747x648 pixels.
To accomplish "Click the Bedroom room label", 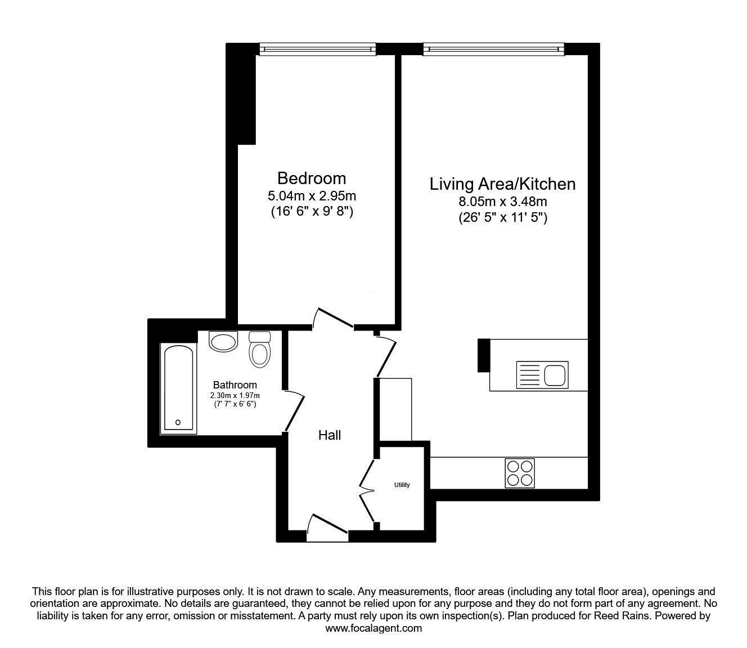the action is pos(312,178).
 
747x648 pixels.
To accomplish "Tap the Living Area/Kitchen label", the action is pos(502,184).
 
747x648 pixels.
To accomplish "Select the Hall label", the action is pos(329,435).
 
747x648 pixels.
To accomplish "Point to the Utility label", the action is pos(402,485).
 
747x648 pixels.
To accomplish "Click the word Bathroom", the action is pos(235,385).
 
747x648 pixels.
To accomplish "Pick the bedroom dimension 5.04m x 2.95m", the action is pos(312,196).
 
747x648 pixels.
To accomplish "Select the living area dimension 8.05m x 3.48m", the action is pos(503,202).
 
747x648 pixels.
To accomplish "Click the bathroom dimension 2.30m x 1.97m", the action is pos(235,395).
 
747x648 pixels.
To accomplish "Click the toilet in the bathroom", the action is pos(260,349).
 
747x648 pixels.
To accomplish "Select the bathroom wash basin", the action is pos(223,341).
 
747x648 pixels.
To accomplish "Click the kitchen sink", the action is pos(542,375).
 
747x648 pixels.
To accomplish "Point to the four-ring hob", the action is pos(520,473).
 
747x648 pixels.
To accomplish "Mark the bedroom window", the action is pos(318,49).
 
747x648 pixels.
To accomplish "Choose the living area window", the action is pos(494,49).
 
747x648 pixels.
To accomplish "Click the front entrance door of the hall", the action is pos(327,529).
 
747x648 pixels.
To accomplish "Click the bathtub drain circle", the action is pos(178,422).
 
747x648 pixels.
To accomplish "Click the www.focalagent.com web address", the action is pos(373,628).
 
